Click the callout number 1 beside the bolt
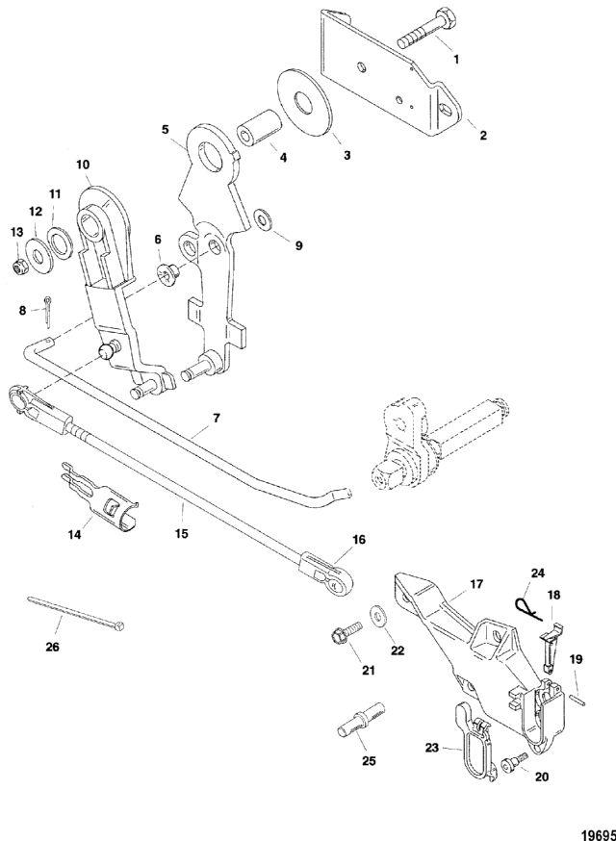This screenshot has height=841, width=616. tap(456, 59)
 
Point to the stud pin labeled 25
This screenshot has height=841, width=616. tap(357, 720)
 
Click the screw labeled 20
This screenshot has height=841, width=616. tap(509, 763)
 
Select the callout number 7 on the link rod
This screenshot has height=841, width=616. tap(217, 420)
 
